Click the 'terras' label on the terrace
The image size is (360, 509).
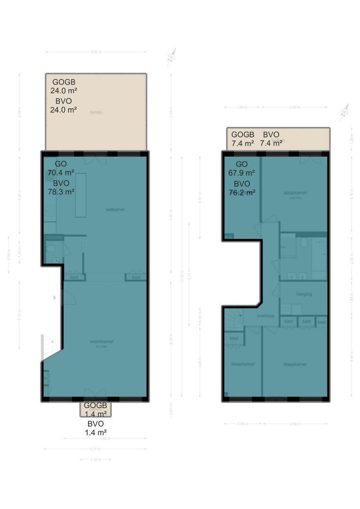coord(97,112)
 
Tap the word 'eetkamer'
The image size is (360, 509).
coord(115,209)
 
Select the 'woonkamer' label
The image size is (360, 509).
coord(103,342)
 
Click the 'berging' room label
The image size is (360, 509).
coord(304,294)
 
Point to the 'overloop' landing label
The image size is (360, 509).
coord(266,316)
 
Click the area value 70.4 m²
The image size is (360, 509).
coord(60,172)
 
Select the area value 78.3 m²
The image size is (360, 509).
coord(61,192)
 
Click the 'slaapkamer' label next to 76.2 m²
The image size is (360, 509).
coord(295,193)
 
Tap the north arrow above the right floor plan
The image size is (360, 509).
coord(344,111)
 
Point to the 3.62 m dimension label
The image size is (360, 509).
coord(295,107)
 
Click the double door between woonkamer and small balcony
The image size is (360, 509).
coord(95,394)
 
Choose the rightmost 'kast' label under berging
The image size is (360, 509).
coord(321,322)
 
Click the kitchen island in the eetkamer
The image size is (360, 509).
coord(81,195)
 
